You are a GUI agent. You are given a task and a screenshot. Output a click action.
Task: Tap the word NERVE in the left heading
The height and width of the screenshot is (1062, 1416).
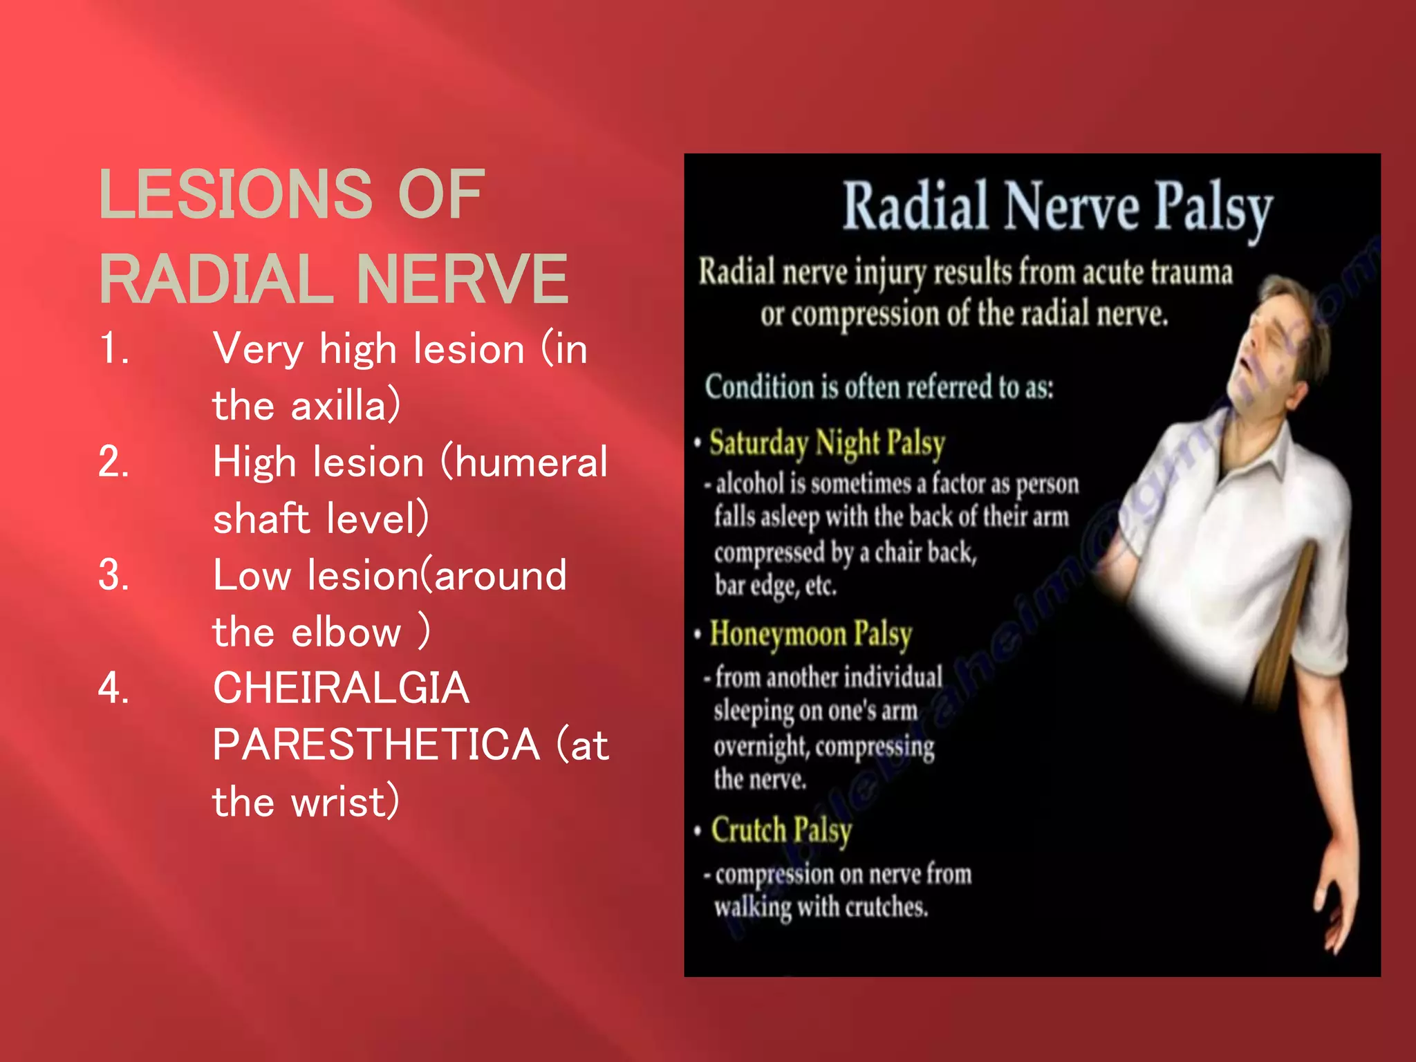462,279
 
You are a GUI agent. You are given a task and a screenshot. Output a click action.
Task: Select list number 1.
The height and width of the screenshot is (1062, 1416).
113,348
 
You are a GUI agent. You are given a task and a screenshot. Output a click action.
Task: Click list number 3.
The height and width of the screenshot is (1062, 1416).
113,575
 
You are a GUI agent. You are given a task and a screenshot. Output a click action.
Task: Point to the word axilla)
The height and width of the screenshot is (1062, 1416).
345,406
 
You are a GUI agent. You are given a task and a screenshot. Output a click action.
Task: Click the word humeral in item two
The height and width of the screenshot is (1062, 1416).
531,462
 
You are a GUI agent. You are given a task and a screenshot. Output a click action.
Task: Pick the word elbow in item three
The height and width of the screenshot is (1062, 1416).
346,632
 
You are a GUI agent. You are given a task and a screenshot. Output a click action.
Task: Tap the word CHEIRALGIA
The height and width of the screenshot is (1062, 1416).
341,688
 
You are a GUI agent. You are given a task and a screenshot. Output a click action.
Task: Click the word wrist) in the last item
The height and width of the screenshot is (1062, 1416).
345,802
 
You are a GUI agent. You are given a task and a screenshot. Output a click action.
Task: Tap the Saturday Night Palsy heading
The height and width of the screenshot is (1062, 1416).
827,443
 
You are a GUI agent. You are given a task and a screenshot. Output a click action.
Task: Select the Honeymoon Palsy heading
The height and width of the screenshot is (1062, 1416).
810,635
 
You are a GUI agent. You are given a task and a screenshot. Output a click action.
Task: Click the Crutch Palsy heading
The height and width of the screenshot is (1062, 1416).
781,830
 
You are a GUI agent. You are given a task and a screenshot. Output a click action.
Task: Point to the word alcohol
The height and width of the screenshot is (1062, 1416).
750,483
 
